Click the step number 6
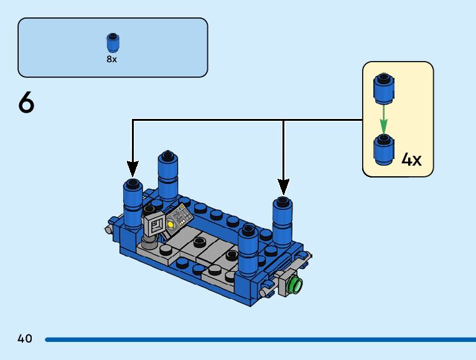point(26,102)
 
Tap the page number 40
point(25,338)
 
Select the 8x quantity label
point(112,59)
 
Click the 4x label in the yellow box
point(411,159)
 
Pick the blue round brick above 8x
point(113,42)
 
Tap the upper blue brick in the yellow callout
point(384,88)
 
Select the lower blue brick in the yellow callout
point(384,149)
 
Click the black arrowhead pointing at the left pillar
point(133,169)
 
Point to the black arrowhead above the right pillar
point(283,187)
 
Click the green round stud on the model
point(296,285)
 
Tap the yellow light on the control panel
point(170,225)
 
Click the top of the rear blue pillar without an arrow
point(167,156)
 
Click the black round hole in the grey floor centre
point(199,242)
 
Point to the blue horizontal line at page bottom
point(261,339)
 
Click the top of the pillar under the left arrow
point(133,184)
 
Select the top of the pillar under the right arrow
point(282,202)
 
